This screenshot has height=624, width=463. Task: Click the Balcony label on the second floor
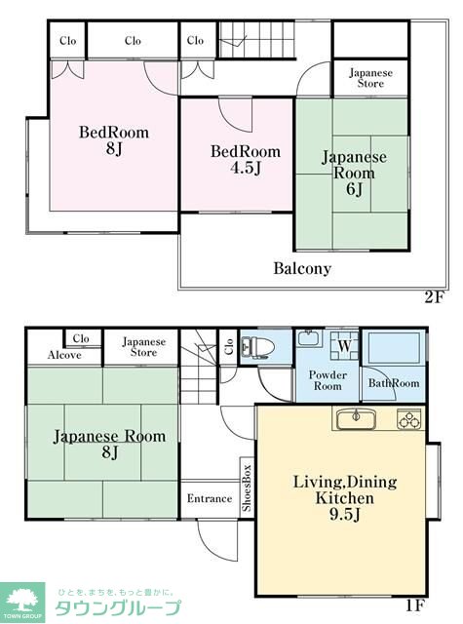tap(302, 269)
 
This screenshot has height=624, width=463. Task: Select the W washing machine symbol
tap(344, 346)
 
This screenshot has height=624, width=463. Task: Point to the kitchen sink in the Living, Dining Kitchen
tap(357, 419)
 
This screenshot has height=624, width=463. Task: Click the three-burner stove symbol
tap(409, 419)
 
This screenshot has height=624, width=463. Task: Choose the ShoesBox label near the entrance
tap(247, 487)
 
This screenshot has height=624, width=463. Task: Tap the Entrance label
tap(210, 498)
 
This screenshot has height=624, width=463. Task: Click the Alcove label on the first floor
tap(64, 355)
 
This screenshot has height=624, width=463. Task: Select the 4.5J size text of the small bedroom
tap(246, 168)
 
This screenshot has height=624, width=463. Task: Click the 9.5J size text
tap(344, 514)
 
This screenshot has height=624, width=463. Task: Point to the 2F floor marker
tap(434, 296)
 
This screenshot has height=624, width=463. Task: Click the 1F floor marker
tap(415, 605)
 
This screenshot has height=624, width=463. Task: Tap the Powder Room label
tap(328, 380)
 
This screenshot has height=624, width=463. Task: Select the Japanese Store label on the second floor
tap(370, 78)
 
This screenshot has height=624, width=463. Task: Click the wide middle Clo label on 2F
tap(133, 41)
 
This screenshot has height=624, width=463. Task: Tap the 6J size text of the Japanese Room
tap(354, 189)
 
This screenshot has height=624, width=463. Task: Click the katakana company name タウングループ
tap(118, 608)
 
